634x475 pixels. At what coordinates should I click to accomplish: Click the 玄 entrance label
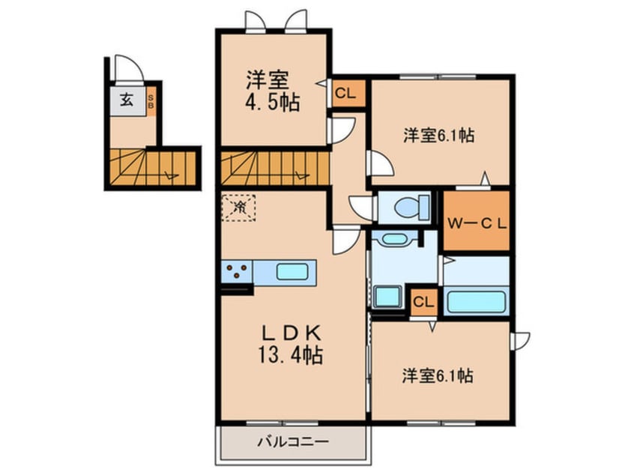coord(128,100)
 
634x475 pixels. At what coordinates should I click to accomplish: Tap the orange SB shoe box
coord(151,101)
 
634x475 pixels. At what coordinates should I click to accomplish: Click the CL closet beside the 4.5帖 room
coord(346,94)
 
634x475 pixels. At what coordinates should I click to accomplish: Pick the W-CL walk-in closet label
coord(477,222)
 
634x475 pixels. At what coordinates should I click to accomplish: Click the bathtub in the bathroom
coord(477,302)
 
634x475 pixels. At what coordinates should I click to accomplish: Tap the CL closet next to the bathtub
coord(423,302)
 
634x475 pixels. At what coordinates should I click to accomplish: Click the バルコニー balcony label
coord(294,442)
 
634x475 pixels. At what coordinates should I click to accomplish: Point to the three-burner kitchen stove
coord(237,271)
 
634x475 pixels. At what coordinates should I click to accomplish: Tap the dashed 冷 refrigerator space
coord(239,207)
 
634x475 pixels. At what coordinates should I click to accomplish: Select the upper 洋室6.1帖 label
coord(439,136)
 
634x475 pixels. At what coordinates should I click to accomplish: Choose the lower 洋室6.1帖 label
coord(438,375)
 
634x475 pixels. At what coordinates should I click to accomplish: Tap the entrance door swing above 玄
coord(126,69)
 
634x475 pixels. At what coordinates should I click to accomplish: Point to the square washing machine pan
coord(389,298)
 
